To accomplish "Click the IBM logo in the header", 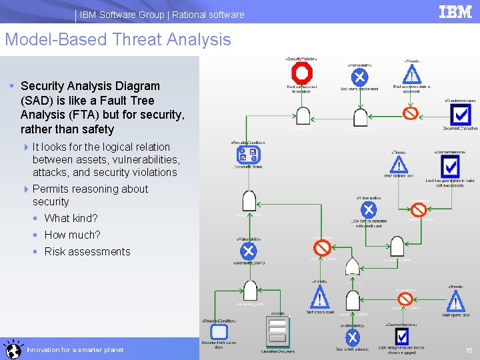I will click(455, 12).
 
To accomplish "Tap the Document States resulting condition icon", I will click(248, 155).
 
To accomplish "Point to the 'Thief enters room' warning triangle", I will click(320, 298).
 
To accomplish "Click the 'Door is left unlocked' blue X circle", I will click(352, 337).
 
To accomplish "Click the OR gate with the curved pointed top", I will click(352, 267).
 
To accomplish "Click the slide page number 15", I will click(469, 350).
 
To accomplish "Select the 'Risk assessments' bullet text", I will click(87, 251).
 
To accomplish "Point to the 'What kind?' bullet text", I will click(71, 218).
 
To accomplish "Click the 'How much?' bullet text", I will click(72, 235).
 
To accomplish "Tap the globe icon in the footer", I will click(12, 349).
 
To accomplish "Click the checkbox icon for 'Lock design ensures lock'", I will click(401, 337).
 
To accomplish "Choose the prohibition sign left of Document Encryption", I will click(411, 113).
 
